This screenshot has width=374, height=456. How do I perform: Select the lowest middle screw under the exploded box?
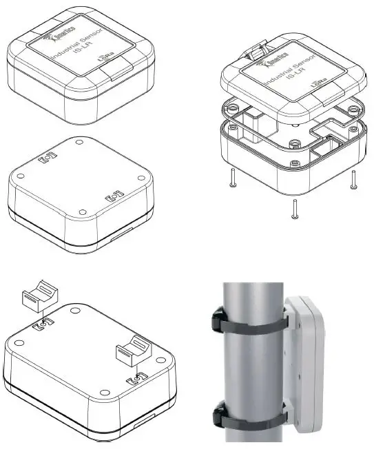(x=295, y=209)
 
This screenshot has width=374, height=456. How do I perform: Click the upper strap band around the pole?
(x=255, y=323)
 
